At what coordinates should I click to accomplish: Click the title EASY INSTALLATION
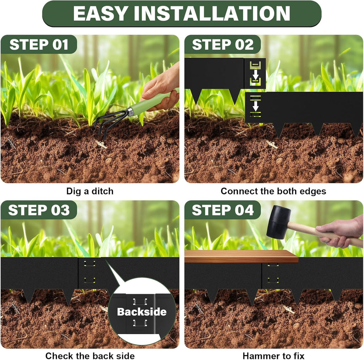(x=182, y=14)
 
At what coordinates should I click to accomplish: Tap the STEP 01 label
(x=39, y=45)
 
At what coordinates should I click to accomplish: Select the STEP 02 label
(x=223, y=45)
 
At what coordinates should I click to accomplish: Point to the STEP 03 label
(x=39, y=210)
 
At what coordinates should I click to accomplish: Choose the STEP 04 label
(x=223, y=210)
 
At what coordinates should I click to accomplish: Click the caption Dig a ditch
(x=90, y=191)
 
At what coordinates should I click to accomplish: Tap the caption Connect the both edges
(x=273, y=191)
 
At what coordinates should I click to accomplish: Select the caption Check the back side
(x=90, y=356)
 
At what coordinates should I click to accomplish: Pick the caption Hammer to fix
(x=273, y=356)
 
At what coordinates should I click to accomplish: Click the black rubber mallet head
(x=278, y=222)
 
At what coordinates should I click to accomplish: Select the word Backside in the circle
(x=142, y=312)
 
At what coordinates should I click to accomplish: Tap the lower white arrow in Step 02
(x=255, y=106)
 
